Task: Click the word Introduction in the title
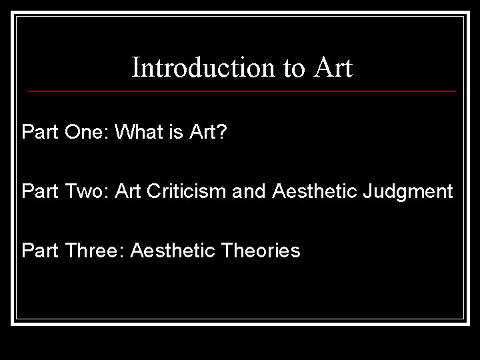(x=195, y=68)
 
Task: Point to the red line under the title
(x=242, y=91)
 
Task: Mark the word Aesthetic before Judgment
(x=315, y=192)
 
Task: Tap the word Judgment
(x=409, y=193)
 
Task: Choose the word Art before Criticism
(x=127, y=192)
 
